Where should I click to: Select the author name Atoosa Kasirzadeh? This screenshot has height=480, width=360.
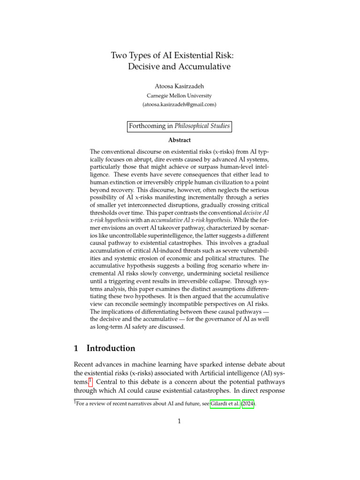pyautogui.click(x=180, y=86)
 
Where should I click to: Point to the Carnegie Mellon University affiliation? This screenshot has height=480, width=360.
pyautogui.click(x=180, y=96)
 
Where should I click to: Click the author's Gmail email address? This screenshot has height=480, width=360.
pyautogui.click(x=180, y=105)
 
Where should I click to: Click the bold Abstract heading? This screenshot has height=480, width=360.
pyautogui.click(x=180, y=140)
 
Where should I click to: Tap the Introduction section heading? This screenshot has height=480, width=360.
pyautogui.click(x=111, y=348)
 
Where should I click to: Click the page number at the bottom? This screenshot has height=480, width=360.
pyautogui.click(x=180, y=421)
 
